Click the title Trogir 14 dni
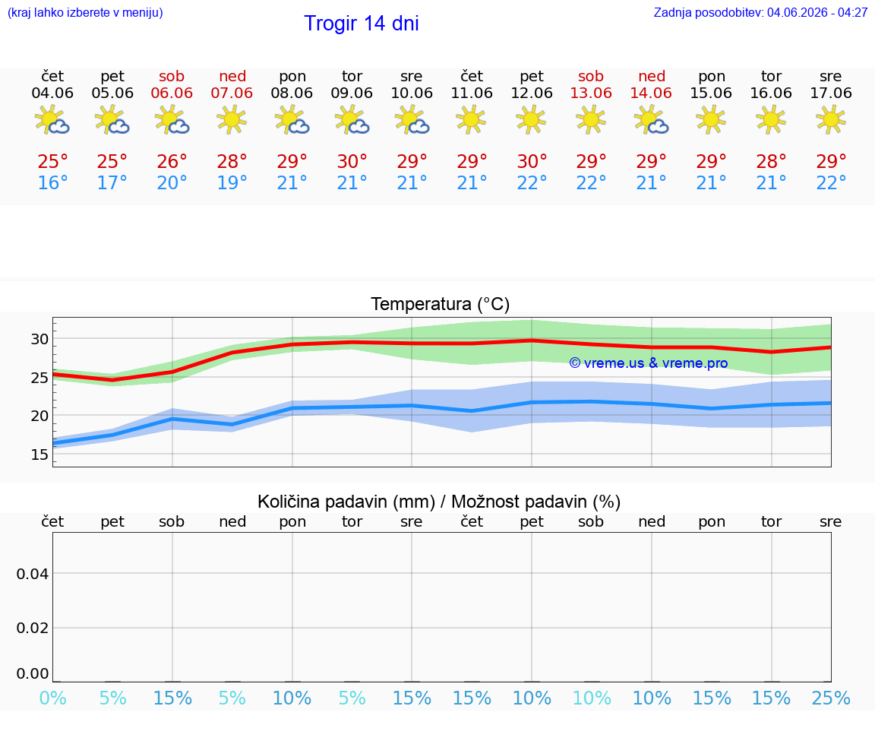tap(361, 24)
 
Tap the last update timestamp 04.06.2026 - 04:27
tap(817, 12)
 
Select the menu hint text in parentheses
tap(85, 12)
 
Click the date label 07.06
tap(232, 93)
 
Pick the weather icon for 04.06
tap(52, 120)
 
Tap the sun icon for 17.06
tap(830, 119)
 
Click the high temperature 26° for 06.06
tap(172, 161)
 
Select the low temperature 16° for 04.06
tap(52, 182)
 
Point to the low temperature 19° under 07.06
tap(232, 182)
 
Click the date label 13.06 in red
tap(591, 93)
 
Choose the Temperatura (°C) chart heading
tap(440, 304)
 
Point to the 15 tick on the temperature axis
tap(39, 454)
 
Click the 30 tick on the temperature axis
tap(39, 339)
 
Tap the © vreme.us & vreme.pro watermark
tap(649, 363)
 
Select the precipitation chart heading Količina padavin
tap(346, 502)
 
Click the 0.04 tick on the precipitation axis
tap(33, 574)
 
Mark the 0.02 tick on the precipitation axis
tap(33, 628)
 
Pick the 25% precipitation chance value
tap(831, 698)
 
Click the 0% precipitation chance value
tap(53, 698)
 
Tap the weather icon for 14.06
tap(651, 120)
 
